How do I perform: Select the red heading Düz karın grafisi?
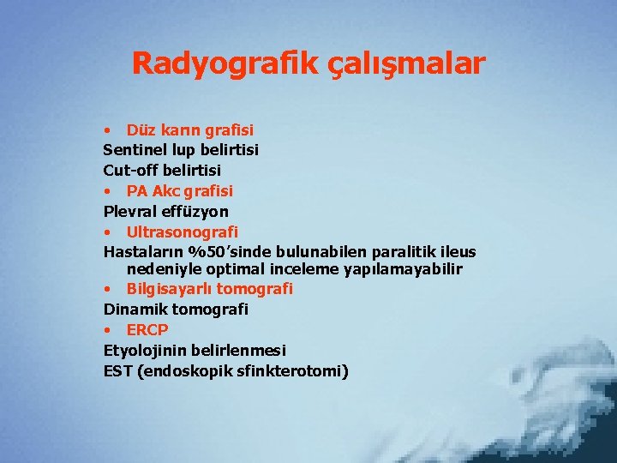(x=189, y=130)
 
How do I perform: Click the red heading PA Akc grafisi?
(x=179, y=190)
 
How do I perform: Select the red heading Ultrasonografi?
(x=182, y=231)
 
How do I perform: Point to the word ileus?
(x=454, y=252)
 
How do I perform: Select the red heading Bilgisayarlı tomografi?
(x=209, y=289)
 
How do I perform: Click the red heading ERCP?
(x=147, y=330)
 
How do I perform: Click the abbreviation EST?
(x=118, y=371)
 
